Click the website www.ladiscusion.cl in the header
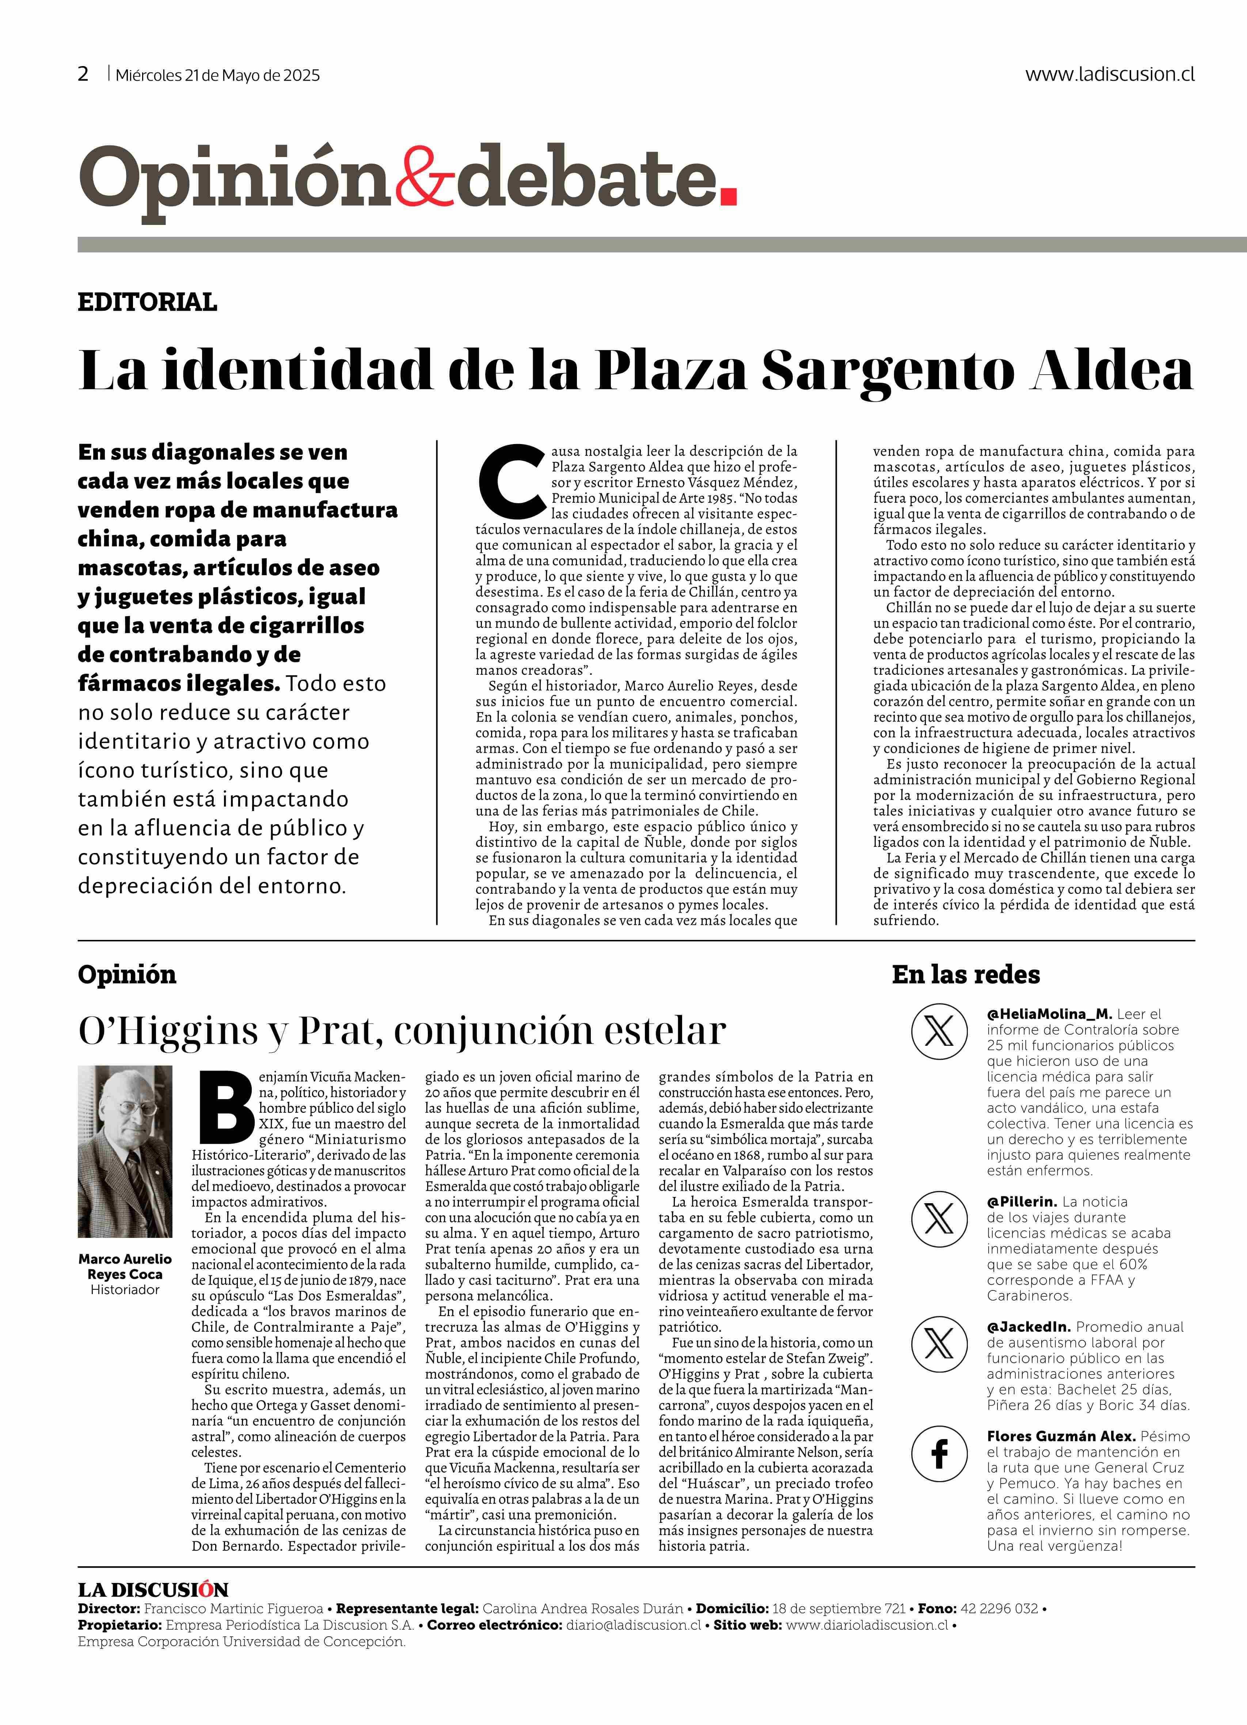pyautogui.click(x=1109, y=74)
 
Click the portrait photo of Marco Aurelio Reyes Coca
pyautogui.click(x=125, y=1152)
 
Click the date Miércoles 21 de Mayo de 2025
pyautogui.click(x=218, y=75)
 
